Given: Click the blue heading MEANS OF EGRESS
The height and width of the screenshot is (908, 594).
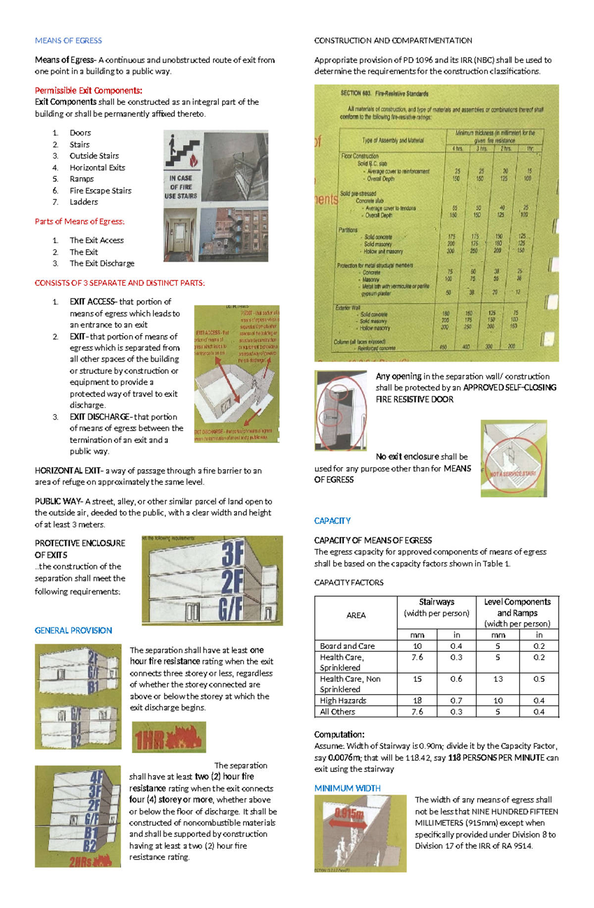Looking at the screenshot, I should pyautogui.click(x=68, y=41).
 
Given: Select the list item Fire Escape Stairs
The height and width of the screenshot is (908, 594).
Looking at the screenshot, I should pyautogui.click(x=100, y=191).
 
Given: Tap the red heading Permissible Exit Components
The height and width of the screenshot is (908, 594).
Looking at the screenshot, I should pyautogui.click(x=88, y=91).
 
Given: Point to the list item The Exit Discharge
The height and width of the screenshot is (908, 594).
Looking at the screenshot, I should pyautogui.click(x=102, y=263).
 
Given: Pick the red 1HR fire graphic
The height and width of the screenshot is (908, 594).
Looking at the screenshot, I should pyautogui.click(x=169, y=738).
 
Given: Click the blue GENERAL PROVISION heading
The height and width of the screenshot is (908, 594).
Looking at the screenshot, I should pyautogui.click(x=73, y=630).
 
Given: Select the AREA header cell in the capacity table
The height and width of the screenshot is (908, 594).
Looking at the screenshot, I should pyautogui.click(x=356, y=615).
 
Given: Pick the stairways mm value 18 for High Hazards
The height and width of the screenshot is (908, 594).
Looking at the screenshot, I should pyautogui.click(x=417, y=700).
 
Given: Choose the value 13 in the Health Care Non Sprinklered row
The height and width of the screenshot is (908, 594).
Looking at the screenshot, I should pyautogui.click(x=498, y=679).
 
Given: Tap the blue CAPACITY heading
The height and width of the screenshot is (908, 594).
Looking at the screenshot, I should pyautogui.click(x=332, y=521).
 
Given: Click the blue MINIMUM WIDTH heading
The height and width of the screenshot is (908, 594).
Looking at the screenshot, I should pyautogui.click(x=347, y=788).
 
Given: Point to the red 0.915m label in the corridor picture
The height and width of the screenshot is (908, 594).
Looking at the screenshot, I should pyautogui.click(x=348, y=814).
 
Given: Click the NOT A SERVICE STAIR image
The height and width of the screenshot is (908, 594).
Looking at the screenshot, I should pyautogui.click(x=513, y=459).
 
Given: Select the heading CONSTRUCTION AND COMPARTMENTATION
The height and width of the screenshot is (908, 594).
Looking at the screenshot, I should pyautogui.click(x=393, y=41).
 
